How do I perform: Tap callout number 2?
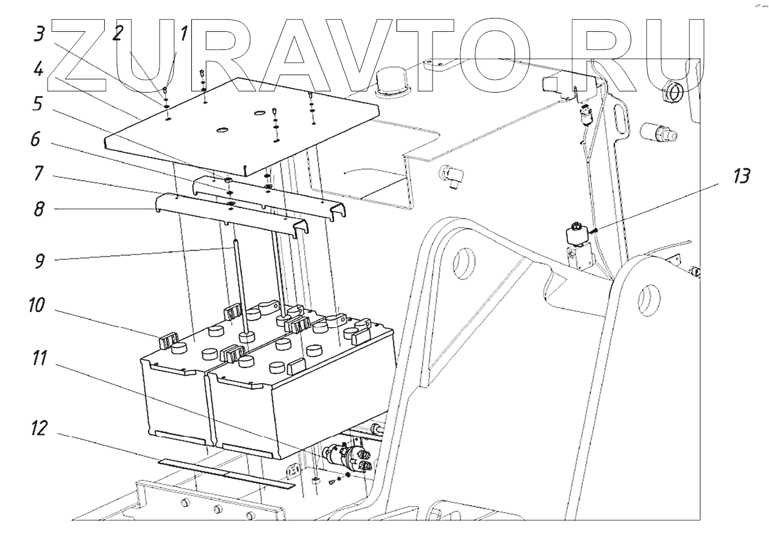click(117, 34)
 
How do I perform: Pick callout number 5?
click(39, 105)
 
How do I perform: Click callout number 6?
click(38, 141)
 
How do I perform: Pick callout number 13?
click(741, 177)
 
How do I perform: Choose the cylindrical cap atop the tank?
click(391, 81)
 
